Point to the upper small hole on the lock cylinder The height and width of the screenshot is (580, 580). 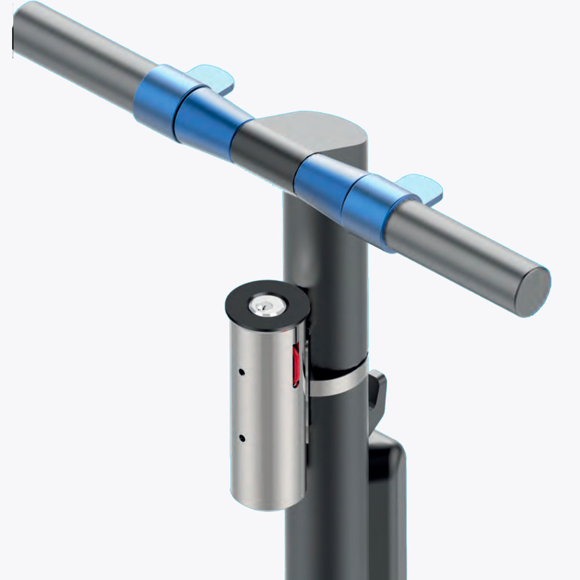pos(242,371)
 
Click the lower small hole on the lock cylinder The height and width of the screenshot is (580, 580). pos(242,437)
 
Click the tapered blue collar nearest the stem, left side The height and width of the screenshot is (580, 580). pos(208,119)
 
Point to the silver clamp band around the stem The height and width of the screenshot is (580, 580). pos(339,382)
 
